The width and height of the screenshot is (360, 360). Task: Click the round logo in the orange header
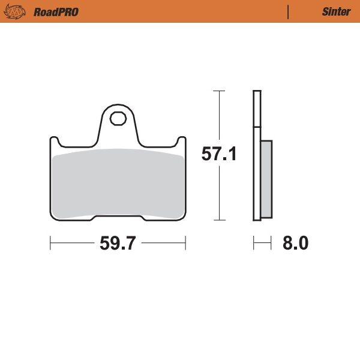point(17,11)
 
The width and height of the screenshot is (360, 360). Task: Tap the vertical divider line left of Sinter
point(288,11)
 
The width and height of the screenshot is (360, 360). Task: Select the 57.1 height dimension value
point(219,154)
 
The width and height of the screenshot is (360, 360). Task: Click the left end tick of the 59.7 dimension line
point(50,244)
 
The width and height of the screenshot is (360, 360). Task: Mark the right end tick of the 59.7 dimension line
point(185,244)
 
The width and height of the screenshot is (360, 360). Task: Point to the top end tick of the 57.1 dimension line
point(219,91)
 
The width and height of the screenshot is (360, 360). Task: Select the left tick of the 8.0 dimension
point(254,244)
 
